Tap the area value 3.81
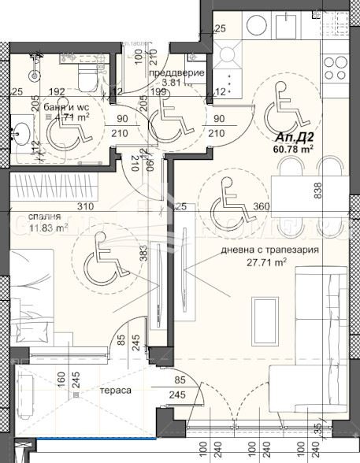172,82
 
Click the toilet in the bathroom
86,77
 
